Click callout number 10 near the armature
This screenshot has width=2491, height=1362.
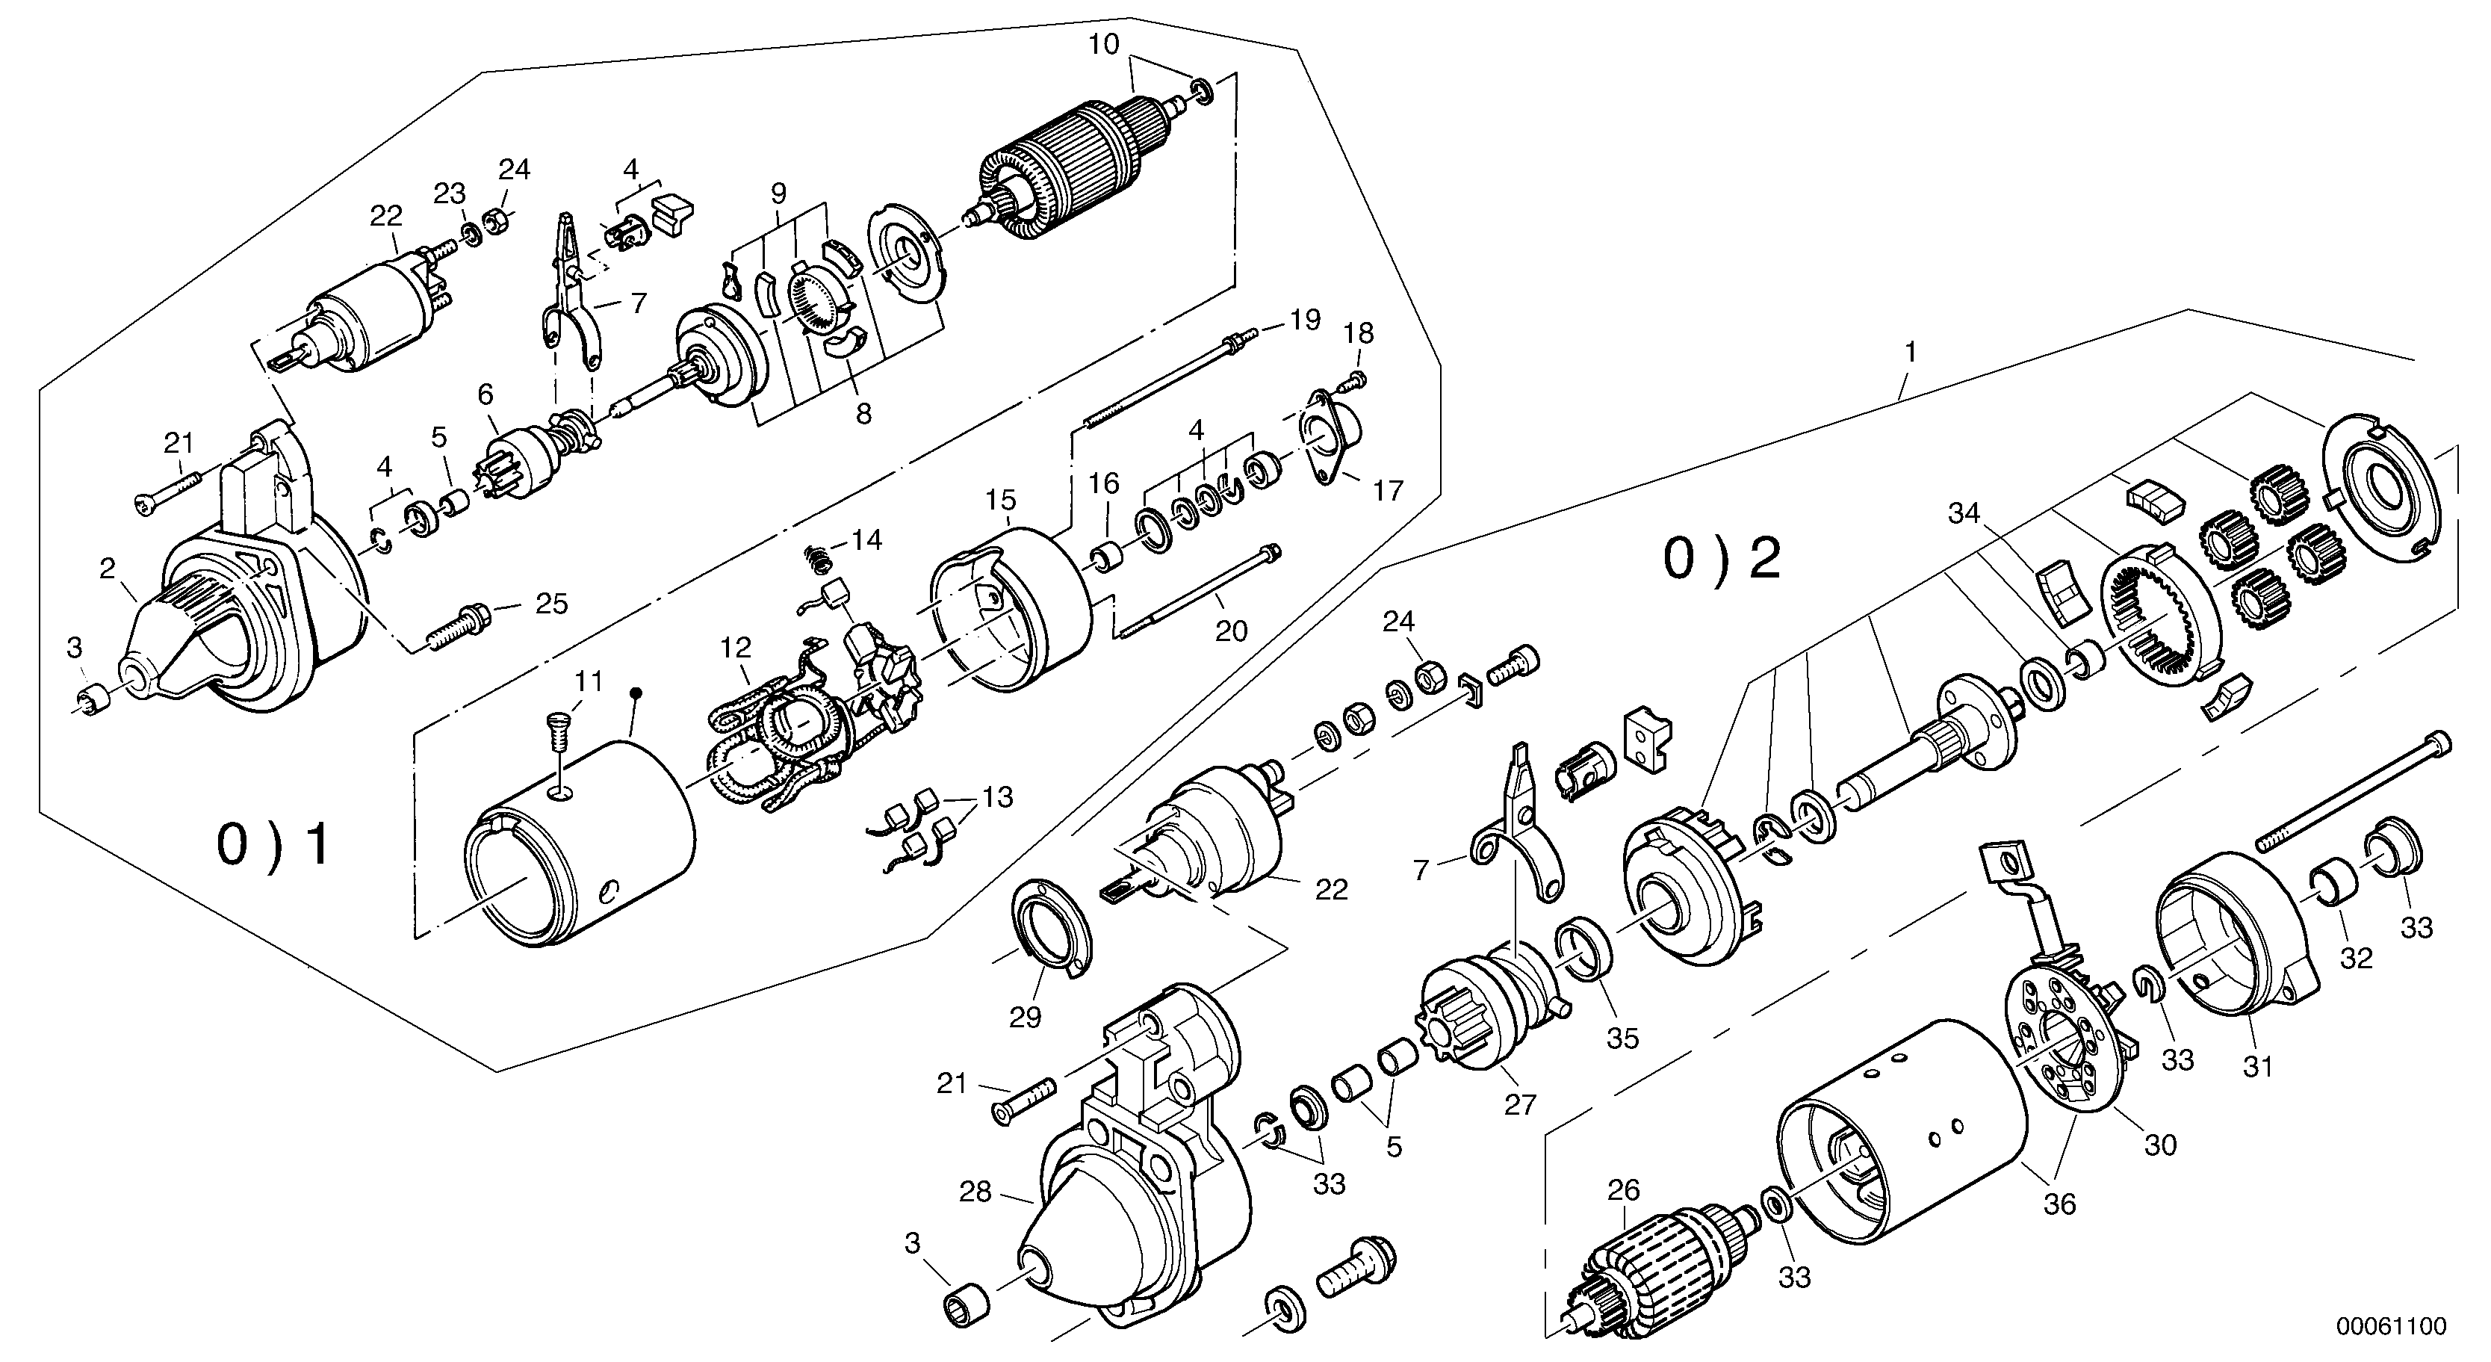[1104, 45]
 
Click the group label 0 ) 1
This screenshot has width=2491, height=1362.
[273, 843]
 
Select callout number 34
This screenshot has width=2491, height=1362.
[1964, 514]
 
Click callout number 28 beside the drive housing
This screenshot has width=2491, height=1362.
[975, 1192]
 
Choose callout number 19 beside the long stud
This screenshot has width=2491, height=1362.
[1306, 321]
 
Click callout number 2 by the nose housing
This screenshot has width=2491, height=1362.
[108, 569]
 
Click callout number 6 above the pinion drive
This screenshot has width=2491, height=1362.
[486, 394]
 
